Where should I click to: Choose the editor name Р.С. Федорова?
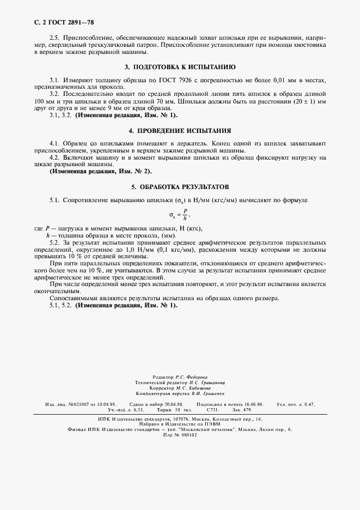point(188,377)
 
